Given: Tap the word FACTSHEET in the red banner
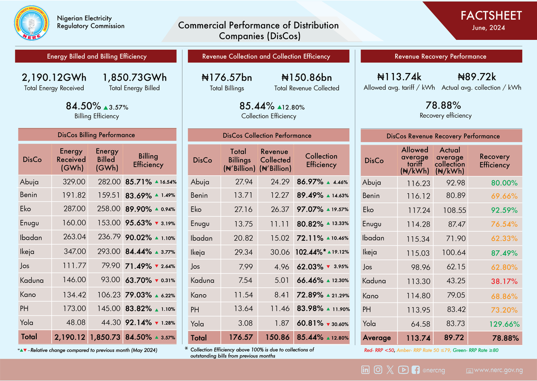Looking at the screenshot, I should (491, 16).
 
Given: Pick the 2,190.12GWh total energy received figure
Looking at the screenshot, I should (54, 77).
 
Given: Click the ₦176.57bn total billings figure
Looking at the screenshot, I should (227, 78).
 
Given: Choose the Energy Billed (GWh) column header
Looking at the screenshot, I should (107, 160).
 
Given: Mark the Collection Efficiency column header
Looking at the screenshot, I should (321, 160).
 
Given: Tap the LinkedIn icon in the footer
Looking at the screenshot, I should (366, 370).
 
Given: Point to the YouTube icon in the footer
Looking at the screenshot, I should (403, 370).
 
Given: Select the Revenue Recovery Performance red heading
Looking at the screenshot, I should (440, 56).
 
